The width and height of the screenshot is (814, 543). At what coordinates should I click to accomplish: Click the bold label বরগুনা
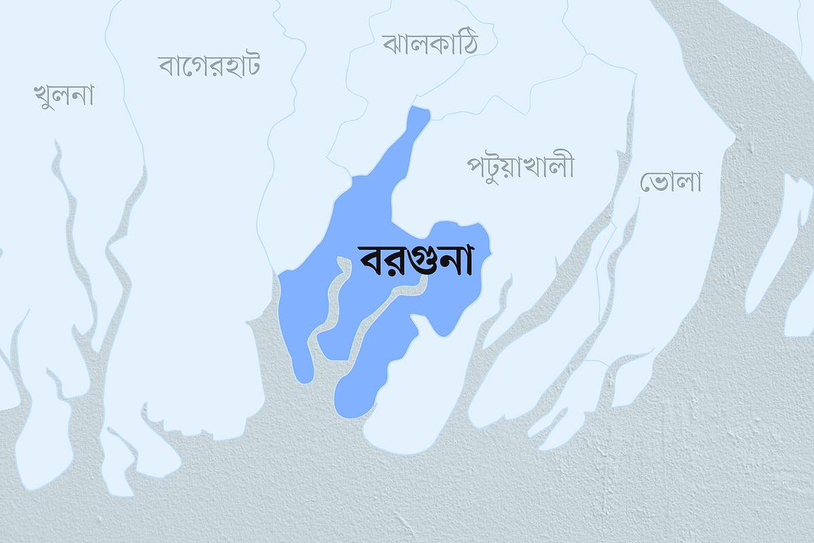[x=414, y=260]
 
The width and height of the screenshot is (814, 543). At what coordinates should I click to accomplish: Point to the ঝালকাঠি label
[x=429, y=44]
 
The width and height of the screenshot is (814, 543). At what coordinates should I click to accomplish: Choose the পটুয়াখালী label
[x=520, y=166]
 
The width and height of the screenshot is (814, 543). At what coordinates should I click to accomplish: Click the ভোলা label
[x=670, y=181]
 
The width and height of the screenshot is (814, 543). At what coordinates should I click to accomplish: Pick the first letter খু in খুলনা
[x=42, y=96]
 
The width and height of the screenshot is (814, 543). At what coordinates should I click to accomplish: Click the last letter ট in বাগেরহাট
[x=250, y=65]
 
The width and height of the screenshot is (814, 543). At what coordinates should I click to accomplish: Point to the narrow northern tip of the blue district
[x=421, y=115]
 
